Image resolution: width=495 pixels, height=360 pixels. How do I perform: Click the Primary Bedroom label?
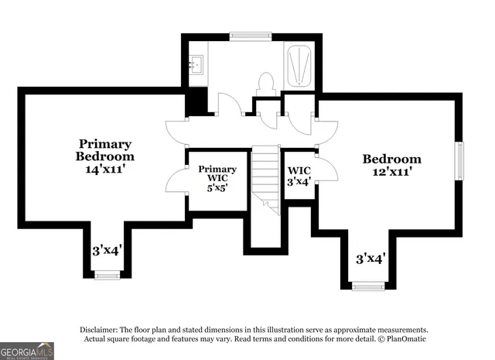pyautogui.click(x=104, y=149)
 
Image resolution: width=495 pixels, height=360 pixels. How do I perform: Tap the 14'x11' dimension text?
pyautogui.click(x=104, y=166)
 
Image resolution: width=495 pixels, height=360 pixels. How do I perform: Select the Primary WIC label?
pyautogui.click(x=217, y=173)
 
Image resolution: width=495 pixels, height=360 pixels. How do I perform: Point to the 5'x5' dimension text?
pyautogui.click(x=217, y=187)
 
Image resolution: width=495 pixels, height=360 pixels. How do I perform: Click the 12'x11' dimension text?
pyautogui.click(x=392, y=171)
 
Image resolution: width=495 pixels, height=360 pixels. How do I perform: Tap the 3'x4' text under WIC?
pyautogui.click(x=299, y=182)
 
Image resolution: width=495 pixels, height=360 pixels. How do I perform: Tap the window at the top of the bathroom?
pyautogui.click(x=251, y=35)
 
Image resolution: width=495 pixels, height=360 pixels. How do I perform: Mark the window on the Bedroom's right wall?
pyautogui.click(x=459, y=161)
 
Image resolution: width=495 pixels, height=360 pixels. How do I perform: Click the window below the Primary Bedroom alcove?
pyautogui.click(x=107, y=274)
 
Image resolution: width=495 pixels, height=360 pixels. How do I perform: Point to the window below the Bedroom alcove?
pyautogui.click(x=368, y=285)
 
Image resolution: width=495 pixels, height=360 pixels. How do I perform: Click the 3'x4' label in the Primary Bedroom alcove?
pyautogui.click(x=107, y=250)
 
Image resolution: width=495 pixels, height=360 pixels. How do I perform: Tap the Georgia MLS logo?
pyautogui.click(x=27, y=351)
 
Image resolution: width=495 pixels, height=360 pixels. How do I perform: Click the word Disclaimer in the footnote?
pyautogui.click(x=101, y=329)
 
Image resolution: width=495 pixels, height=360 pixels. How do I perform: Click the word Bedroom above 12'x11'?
pyautogui.click(x=392, y=159)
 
